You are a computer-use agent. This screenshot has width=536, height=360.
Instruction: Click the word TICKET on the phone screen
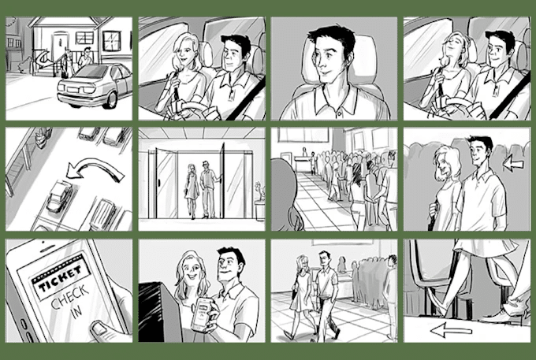tap(61, 278)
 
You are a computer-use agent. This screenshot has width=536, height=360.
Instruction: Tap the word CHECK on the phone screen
tap(70, 297)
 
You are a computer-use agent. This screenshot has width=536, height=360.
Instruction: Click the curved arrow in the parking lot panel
tap(95, 169)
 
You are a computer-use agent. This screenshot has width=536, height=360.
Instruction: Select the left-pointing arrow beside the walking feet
tap(451, 330)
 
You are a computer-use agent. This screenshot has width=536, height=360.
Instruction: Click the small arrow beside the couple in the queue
tap(513, 163)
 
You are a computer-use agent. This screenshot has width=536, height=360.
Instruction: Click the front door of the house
tap(60, 47)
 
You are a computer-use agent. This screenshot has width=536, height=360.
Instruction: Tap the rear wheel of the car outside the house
tap(112, 100)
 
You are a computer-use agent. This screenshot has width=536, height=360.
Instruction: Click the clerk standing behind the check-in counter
tap(304, 152)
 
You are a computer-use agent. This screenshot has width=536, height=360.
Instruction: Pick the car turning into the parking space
tap(59, 196)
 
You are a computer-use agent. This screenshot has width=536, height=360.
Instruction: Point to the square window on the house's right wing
tap(111, 41)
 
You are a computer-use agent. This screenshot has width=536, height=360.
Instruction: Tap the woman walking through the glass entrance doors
tap(192, 191)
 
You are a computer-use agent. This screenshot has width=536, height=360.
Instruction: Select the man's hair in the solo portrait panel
tap(333, 37)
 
